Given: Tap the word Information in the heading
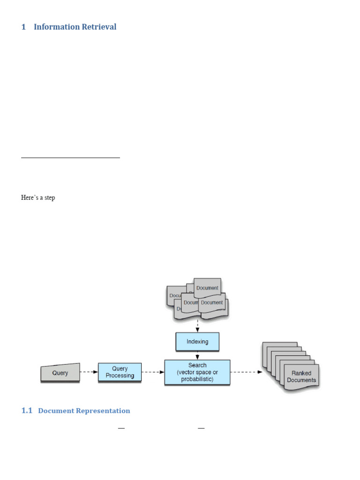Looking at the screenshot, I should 57,27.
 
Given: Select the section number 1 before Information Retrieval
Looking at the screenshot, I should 23,27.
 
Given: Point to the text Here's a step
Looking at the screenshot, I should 38,198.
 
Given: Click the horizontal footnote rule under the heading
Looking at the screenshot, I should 70,158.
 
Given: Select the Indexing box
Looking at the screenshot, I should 197,342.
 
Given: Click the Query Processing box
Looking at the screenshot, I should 120,372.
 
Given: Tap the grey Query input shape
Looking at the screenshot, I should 60,373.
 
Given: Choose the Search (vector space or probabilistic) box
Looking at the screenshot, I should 197,372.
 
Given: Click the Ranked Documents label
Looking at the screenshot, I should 302,376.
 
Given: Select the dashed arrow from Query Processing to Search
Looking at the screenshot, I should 152,373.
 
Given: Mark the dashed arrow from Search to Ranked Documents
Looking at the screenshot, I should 246,373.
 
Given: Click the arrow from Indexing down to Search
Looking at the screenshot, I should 197,355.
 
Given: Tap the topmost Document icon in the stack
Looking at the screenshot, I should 207,287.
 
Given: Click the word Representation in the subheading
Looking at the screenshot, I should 107,411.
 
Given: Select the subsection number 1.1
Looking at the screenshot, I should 27,411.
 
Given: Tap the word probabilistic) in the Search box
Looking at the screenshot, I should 197,379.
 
